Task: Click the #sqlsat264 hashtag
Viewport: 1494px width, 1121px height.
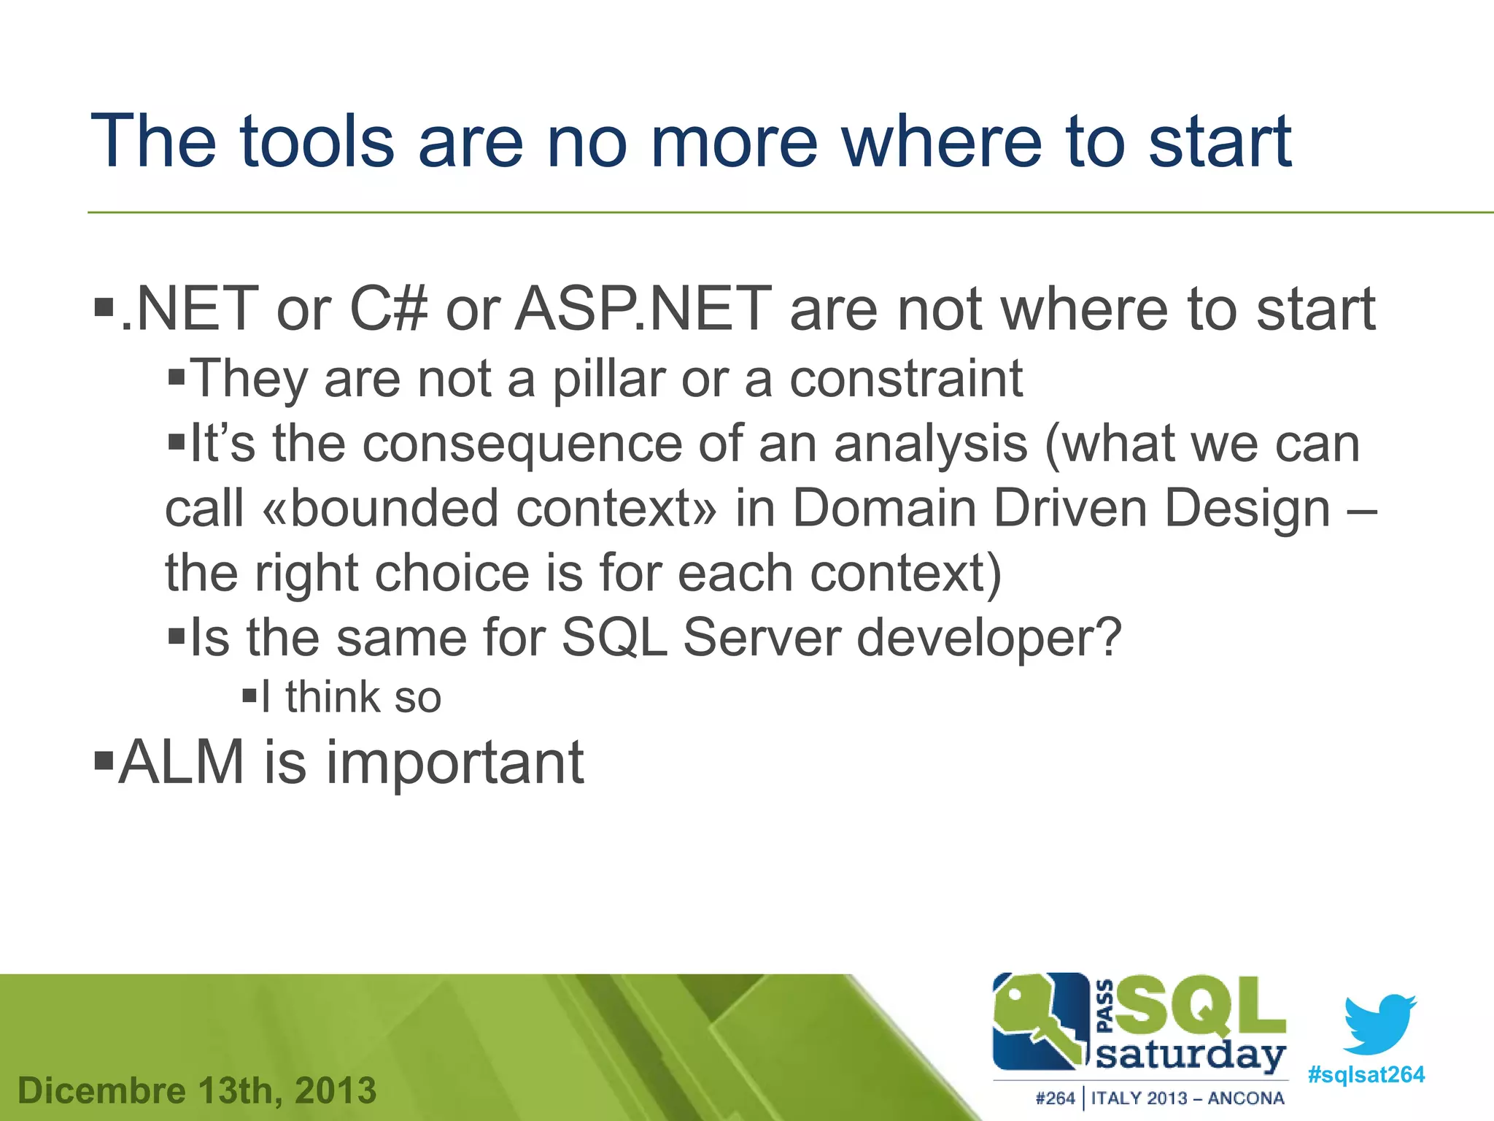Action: pyautogui.click(x=1366, y=1075)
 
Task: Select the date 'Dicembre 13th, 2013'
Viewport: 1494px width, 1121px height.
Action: pyautogui.click(x=197, y=1091)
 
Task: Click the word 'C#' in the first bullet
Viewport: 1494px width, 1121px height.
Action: pyautogui.click(x=388, y=309)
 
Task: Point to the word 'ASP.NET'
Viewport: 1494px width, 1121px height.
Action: pyautogui.click(x=643, y=309)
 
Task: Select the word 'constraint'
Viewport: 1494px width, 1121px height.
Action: pyautogui.click(x=906, y=380)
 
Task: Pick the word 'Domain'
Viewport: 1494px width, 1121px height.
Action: pyautogui.click(x=884, y=509)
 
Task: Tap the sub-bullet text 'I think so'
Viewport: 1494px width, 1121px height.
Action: pyautogui.click(x=351, y=697)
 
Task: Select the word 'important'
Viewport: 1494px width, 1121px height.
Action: pyautogui.click(x=454, y=763)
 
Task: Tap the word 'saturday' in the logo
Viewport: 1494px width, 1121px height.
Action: pyautogui.click(x=1191, y=1055)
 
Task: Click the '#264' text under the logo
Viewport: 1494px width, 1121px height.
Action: pyautogui.click(x=1055, y=1098)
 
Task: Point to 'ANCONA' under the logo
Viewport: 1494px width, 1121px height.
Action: pyautogui.click(x=1246, y=1098)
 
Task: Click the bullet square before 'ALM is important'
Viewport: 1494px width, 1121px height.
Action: pyautogui.click(x=104, y=760)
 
